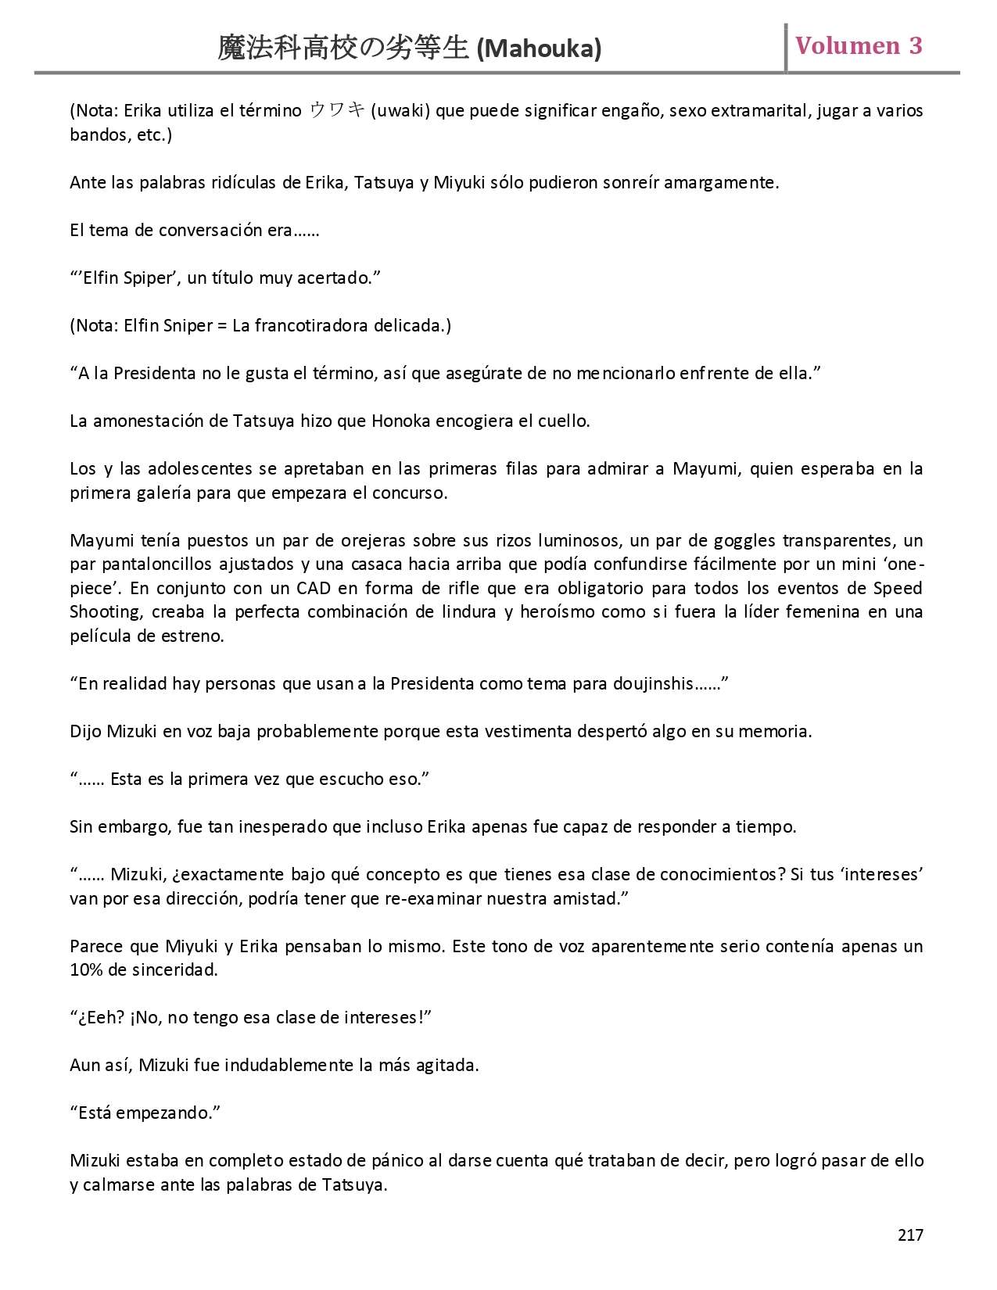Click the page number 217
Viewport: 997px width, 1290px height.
tap(910, 1234)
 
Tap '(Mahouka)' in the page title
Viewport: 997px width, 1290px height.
tap(539, 49)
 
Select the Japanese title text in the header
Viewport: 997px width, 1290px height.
tap(343, 48)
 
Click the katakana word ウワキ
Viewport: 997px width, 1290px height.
tap(337, 110)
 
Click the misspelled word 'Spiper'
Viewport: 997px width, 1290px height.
tap(148, 278)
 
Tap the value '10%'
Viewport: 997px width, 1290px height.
tap(84, 970)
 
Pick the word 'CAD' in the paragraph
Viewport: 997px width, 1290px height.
tap(314, 588)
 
